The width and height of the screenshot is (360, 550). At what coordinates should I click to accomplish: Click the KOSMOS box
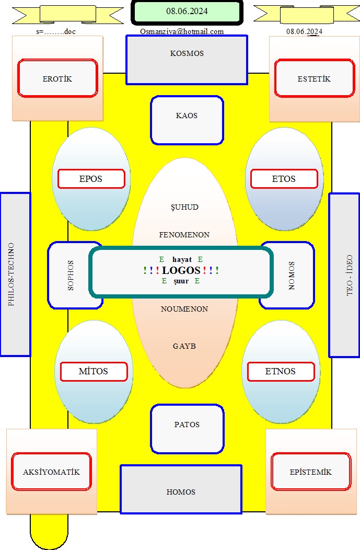coord(187,60)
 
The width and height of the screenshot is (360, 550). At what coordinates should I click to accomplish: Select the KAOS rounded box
coord(187,120)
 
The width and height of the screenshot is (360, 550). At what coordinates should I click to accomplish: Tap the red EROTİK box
coord(57,78)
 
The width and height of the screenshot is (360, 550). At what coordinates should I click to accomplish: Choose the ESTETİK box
coord(315,78)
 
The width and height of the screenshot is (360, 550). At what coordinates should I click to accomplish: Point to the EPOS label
coord(91,179)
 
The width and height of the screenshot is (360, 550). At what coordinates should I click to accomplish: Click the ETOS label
coord(284,179)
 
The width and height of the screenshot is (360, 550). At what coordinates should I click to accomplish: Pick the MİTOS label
coord(94,372)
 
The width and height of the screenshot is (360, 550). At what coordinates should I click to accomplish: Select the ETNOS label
coord(281,372)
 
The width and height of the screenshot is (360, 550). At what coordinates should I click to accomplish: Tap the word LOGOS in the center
coord(181,270)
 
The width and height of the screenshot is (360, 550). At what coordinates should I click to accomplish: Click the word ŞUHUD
coord(185,208)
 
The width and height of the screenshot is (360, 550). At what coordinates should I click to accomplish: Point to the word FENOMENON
coord(184,235)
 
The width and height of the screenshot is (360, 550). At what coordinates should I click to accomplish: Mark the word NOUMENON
coord(184,309)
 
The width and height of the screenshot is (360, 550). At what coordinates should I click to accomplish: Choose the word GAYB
coord(184,346)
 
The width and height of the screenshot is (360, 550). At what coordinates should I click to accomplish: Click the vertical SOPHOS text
coord(71,276)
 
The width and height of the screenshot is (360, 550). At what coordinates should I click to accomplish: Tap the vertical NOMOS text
coord(292,276)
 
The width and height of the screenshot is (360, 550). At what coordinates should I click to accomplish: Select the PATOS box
coord(187,429)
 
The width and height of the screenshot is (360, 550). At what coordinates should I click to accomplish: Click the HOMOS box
coord(181,490)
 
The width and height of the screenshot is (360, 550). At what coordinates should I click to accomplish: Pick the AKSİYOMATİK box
coord(52,472)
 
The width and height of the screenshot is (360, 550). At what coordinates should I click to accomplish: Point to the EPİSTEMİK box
coord(311,472)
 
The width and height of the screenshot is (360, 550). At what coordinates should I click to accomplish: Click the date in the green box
coord(187,11)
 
